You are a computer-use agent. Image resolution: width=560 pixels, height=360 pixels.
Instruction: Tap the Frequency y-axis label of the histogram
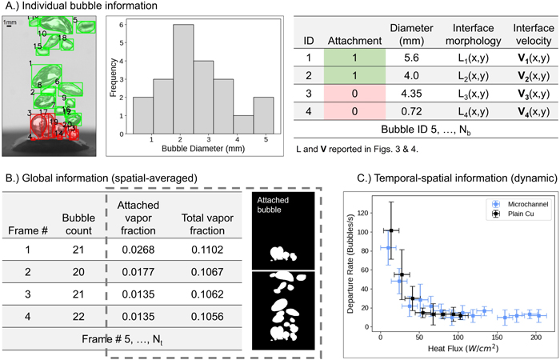(113, 77)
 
